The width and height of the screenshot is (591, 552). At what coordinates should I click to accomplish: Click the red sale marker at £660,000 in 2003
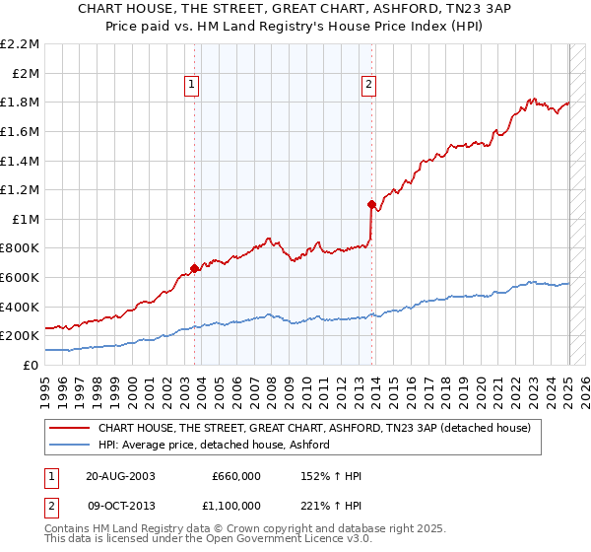tap(195, 267)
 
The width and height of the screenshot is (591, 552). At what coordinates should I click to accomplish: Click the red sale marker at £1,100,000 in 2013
tap(371, 204)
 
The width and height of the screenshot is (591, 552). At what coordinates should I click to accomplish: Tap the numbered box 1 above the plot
tap(191, 86)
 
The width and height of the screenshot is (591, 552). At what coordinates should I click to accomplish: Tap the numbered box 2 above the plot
tap(368, 86)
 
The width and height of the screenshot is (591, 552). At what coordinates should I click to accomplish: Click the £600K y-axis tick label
tap(21, 278)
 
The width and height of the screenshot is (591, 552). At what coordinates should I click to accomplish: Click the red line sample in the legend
tap(70, 428)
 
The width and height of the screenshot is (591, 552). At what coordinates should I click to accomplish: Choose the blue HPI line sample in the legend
tap(70, 445)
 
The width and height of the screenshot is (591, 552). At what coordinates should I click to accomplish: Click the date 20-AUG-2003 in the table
tap(120, 476)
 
